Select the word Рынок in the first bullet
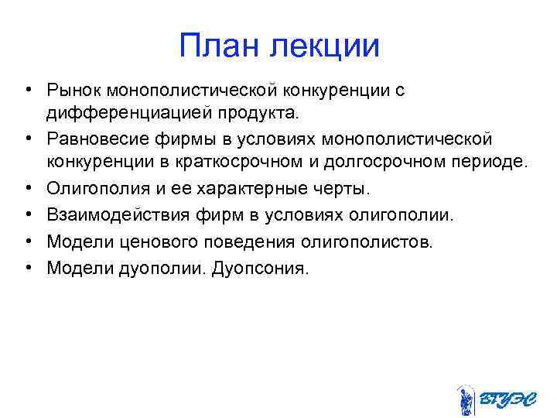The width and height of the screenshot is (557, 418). coord(75,91)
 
